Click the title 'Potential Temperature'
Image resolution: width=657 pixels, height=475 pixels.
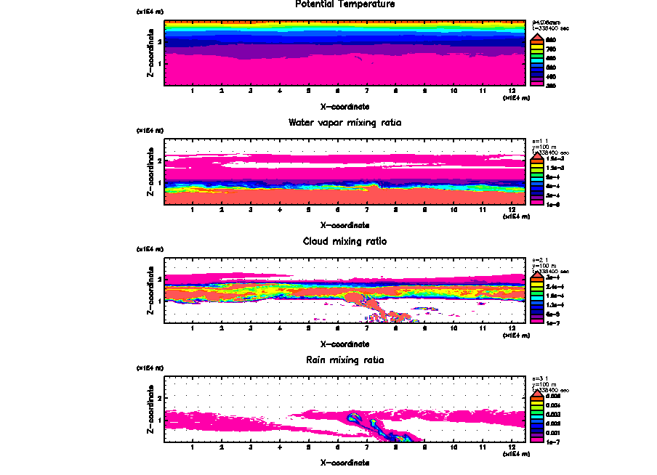tap(344, 4)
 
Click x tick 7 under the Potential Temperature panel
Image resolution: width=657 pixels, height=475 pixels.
tap(366, 91)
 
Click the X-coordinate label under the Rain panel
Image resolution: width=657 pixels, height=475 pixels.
tap(344, 462)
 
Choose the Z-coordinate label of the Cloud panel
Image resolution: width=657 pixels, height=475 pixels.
tap(150, 293)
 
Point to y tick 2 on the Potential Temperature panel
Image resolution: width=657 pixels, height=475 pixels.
tap(159, 41)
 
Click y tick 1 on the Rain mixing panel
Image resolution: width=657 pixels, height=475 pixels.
tap(159, 419)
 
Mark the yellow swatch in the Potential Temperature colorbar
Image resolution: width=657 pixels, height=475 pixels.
tap(538, 49)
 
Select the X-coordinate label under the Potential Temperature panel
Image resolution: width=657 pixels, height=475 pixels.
tap(344, 105)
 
